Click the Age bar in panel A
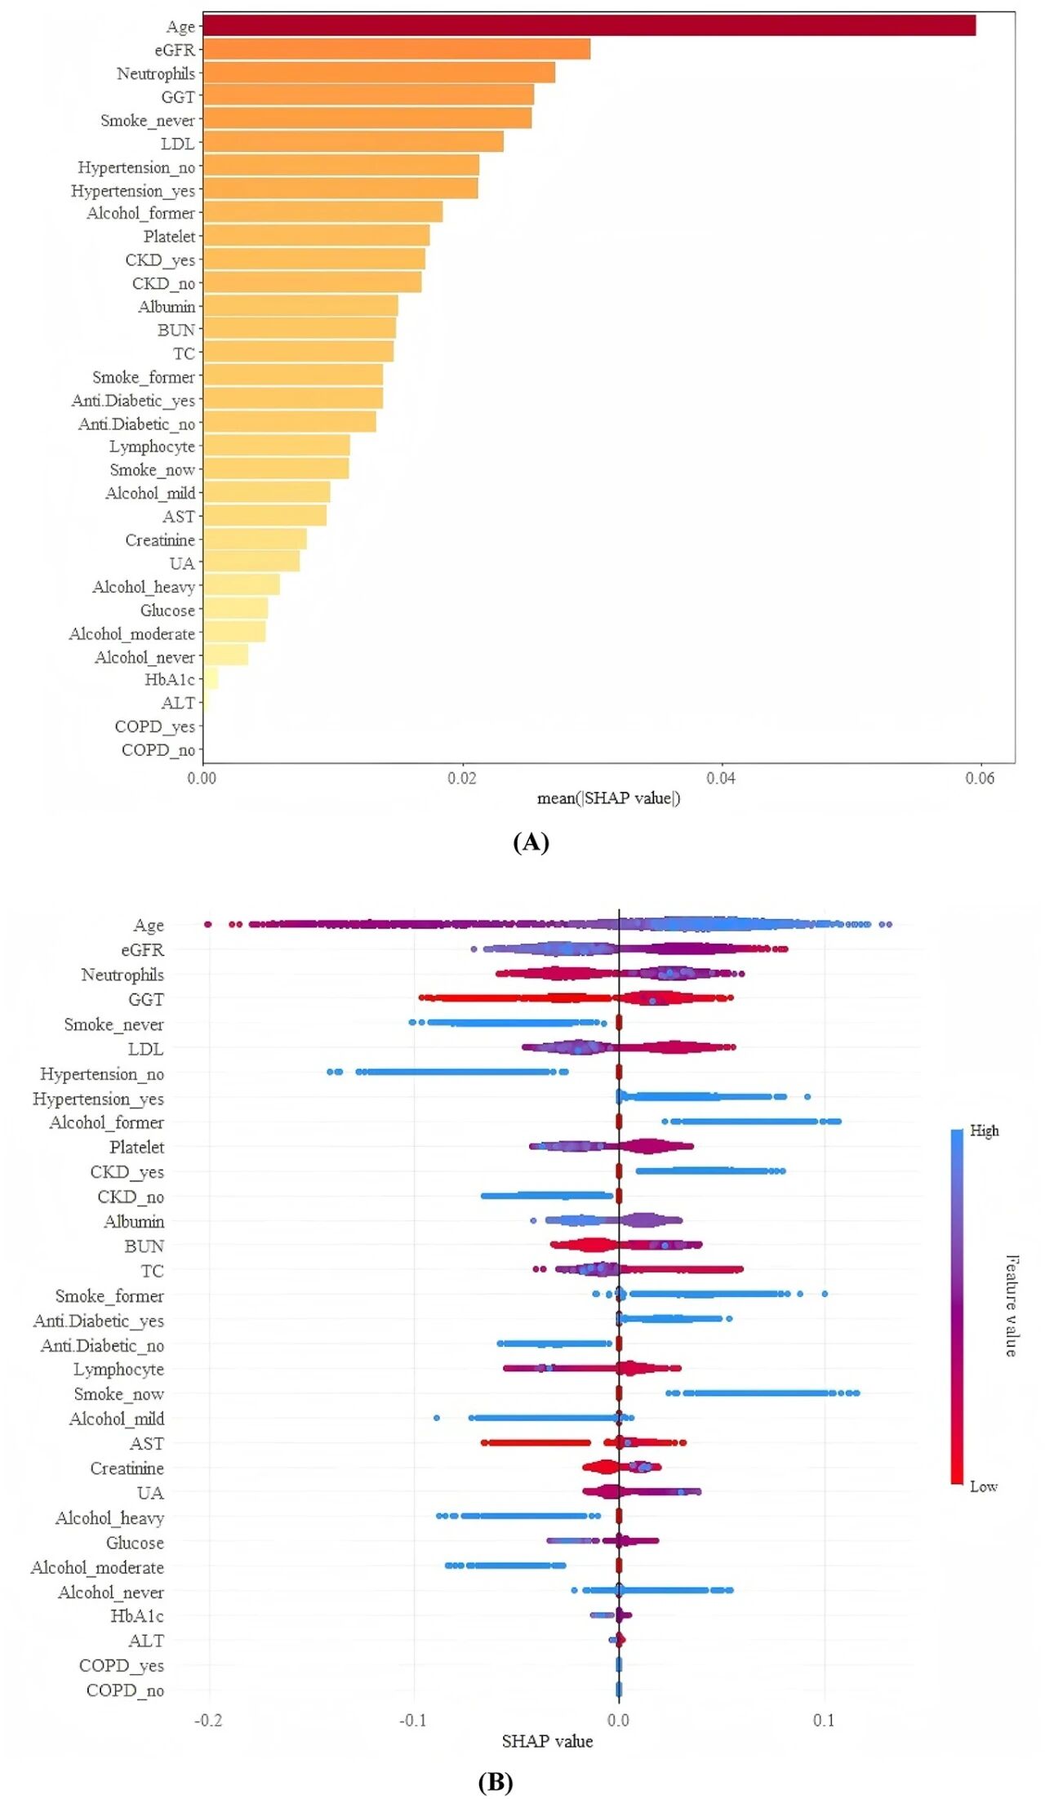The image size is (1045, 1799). coord(588,25)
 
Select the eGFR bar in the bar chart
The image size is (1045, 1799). coord(396,49)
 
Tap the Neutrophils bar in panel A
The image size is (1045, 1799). coord(378,73)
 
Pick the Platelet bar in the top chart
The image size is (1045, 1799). coord(316,236)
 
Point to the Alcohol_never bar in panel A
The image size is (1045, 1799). coord(225,655)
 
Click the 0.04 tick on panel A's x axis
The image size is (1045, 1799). coord(721,778)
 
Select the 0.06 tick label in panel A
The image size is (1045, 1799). coord(980,778)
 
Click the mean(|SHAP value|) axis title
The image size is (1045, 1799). coord(608,798)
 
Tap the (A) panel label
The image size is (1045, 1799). coord(531,842)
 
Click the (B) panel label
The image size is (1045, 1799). coord(496,1781)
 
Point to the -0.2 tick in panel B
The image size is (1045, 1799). coord(208,1720)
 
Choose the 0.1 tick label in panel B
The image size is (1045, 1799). coord(824,1720)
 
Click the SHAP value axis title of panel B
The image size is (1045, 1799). coord(547,1741)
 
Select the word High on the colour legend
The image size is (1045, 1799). coord(985,1130)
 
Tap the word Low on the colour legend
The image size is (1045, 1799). coord(984,1486)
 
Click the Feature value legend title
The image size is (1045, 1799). coord(1012,1306)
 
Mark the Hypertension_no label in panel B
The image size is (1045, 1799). coord(102,1074)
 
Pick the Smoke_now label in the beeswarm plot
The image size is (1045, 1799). coord(119,1394)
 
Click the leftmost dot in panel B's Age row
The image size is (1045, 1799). coord(207,924)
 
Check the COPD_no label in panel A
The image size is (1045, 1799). coord(158,750)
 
